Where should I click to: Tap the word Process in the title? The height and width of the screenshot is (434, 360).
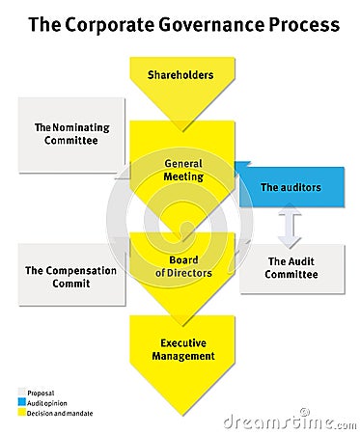pos(308,25)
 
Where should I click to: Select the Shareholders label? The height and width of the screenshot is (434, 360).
pos(180,74)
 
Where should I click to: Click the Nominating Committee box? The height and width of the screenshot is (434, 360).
pos(72,134)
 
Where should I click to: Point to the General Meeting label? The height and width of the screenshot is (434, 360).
pos(182,170)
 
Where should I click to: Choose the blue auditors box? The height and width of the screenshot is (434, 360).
pos(290,187)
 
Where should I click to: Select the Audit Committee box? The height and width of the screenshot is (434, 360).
pos(291,267)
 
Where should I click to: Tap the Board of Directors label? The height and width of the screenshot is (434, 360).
pos(183,266)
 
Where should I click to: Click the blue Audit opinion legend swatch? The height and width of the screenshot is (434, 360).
pos(22,401)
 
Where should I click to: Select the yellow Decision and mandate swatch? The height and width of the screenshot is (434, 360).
pos(22,409)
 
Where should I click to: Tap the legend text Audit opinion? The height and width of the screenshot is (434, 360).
pos(45,401)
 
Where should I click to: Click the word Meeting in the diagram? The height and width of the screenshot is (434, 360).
pos(182,176)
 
